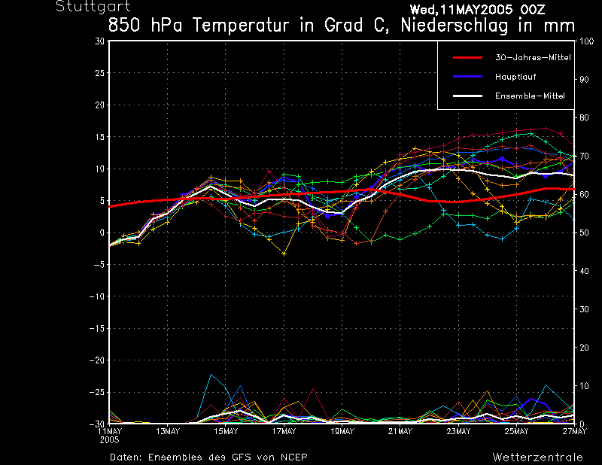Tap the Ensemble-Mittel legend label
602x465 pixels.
(x=529, y=96)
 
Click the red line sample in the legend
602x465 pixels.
(x=467, y=58)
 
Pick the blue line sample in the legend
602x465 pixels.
(x=467, y=77)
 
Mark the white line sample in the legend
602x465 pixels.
(x=467, y=96)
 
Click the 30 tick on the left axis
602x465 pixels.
(x=100, y=41)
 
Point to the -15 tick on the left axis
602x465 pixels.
(x=97, y=329)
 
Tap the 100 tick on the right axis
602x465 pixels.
(x=585, y=41)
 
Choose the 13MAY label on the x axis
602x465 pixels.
(x=168, y=431)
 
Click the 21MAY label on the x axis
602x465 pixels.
(x=400, y=431)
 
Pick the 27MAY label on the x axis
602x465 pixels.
(x=575, y=431)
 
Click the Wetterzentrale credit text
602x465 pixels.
(x=537, y=457)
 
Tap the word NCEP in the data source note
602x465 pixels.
(x=294, y=457)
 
